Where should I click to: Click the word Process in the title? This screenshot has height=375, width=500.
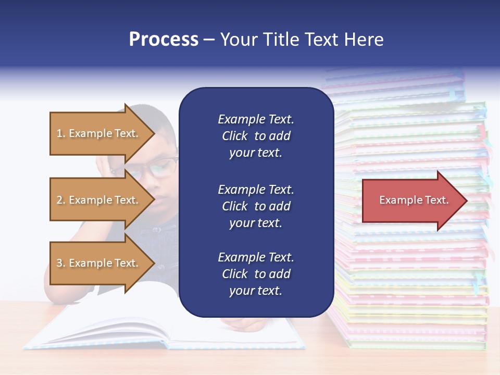click(x=164, y=40)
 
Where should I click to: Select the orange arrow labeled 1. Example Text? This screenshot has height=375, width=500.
click(x=99, y=133)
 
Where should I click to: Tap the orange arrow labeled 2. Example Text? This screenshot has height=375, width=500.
click(x=99, y=200)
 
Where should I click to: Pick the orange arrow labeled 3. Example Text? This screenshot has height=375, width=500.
click(x=99, y=263)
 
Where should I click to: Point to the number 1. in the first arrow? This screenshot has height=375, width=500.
click(x=60, y=133)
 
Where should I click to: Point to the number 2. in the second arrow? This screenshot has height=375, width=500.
click(x=60, y=200)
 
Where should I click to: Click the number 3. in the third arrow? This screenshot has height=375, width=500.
click(x=60, y=263)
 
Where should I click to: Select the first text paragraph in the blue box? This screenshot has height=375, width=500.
click(x=256, y=136)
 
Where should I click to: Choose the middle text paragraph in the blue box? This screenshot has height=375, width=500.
click(x=256, y=206)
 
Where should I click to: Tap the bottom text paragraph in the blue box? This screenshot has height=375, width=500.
click(x=256, y=274)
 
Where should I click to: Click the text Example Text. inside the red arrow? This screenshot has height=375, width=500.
click(x=414, y=201)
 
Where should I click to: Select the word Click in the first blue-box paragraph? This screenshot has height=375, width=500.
click(x=235, y=136)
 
